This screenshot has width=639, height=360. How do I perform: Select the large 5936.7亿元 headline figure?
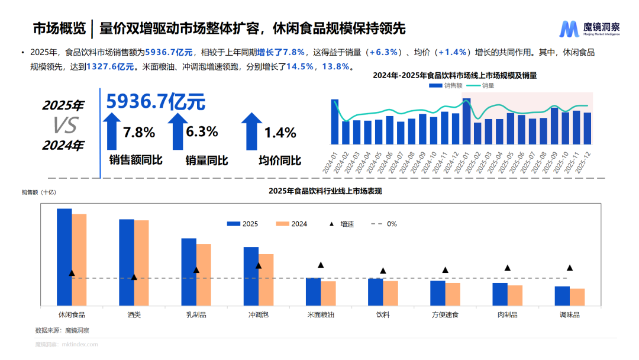[x=156, y=102]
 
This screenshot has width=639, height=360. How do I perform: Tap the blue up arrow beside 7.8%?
[x=112, y=131]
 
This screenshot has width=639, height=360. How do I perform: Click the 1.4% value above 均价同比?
[x=280, y=133]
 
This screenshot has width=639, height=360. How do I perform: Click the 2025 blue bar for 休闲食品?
[x=64, y=256]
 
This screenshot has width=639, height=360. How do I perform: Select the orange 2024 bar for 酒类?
[x=141, y=262]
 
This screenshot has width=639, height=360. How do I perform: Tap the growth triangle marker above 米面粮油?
[x=321, y=265]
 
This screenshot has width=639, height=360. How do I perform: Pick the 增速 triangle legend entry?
[x=341, y=224]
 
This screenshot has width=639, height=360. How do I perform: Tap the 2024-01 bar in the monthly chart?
[x=335, y=122]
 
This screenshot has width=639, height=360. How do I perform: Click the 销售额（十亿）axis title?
[x=38, y=192]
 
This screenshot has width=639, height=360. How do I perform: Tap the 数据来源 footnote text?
[x=62, y=330]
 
